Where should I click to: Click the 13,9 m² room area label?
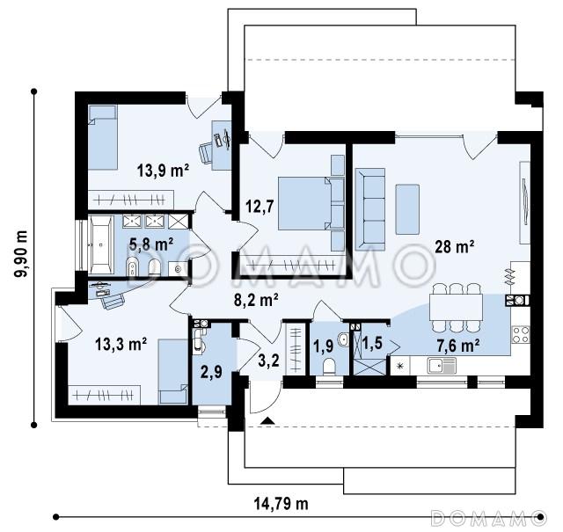163,171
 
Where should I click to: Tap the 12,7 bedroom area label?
260,207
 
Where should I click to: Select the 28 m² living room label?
454,246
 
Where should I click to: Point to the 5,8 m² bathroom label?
151,244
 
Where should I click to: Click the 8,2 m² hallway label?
256,300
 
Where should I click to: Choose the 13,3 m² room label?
121,344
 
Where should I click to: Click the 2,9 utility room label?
211,372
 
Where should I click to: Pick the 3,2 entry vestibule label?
268,360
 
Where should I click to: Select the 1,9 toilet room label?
323,346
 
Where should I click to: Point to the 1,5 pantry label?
372,343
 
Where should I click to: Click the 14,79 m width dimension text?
281,504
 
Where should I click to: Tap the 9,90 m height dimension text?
20,253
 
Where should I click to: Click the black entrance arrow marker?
267,420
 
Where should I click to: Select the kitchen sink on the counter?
442,366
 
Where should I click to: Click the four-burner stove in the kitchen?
520,334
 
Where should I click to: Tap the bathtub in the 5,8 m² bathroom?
100,244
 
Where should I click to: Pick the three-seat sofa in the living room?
370,209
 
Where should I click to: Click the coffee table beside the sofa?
407,209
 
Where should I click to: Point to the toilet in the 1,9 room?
329,367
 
